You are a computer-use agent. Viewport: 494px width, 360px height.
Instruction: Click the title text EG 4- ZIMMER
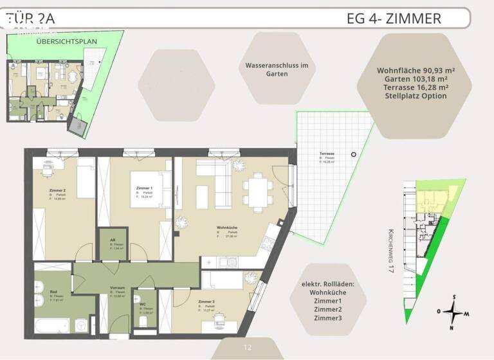click(394, 18)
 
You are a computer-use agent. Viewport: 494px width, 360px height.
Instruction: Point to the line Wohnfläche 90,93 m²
click(416, 70)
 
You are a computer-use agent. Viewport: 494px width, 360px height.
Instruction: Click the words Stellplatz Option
click(416, 96)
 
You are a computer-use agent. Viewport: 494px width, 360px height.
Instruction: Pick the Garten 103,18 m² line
click(416, 78)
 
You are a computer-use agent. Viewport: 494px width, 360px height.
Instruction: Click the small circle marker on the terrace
click(353, 155)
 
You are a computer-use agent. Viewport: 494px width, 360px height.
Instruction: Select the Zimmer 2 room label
click(58, 191)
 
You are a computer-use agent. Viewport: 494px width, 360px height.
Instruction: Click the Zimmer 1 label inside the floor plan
click(144, 188)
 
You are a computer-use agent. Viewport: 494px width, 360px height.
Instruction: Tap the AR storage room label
click(112, 240)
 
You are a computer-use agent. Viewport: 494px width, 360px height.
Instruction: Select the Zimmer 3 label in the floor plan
click(206, 302)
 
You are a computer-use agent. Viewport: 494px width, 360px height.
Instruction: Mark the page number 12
click(247, 348)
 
